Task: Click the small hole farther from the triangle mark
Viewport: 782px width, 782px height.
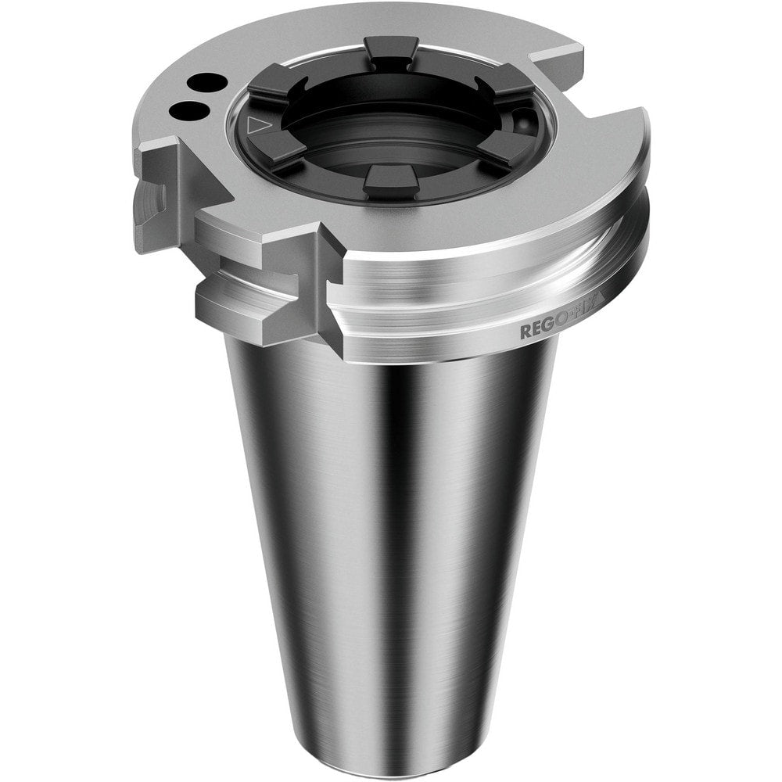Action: pos(205,81)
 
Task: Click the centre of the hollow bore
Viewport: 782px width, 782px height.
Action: pos(391,125)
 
